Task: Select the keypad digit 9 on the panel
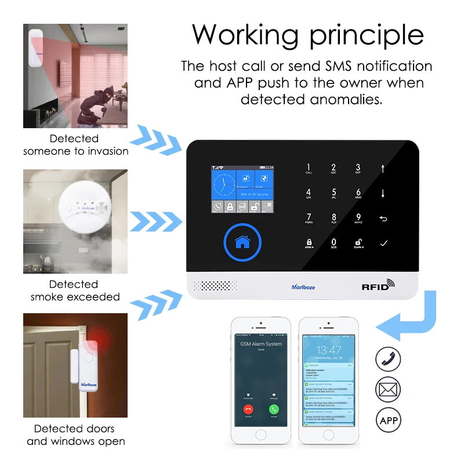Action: (358, 218)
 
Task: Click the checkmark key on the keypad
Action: (383, 243)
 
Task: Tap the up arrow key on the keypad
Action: (383, 169)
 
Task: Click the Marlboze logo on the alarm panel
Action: (303, 287)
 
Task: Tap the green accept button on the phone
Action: (274, 409)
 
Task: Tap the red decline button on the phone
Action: (248, 409)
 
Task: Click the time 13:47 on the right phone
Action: (329, 350)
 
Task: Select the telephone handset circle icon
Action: (388, 359)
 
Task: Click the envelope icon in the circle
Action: (388, 389)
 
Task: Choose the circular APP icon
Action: (388, 419)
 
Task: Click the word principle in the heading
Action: (366, 34)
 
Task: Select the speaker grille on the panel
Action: (215, 286)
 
